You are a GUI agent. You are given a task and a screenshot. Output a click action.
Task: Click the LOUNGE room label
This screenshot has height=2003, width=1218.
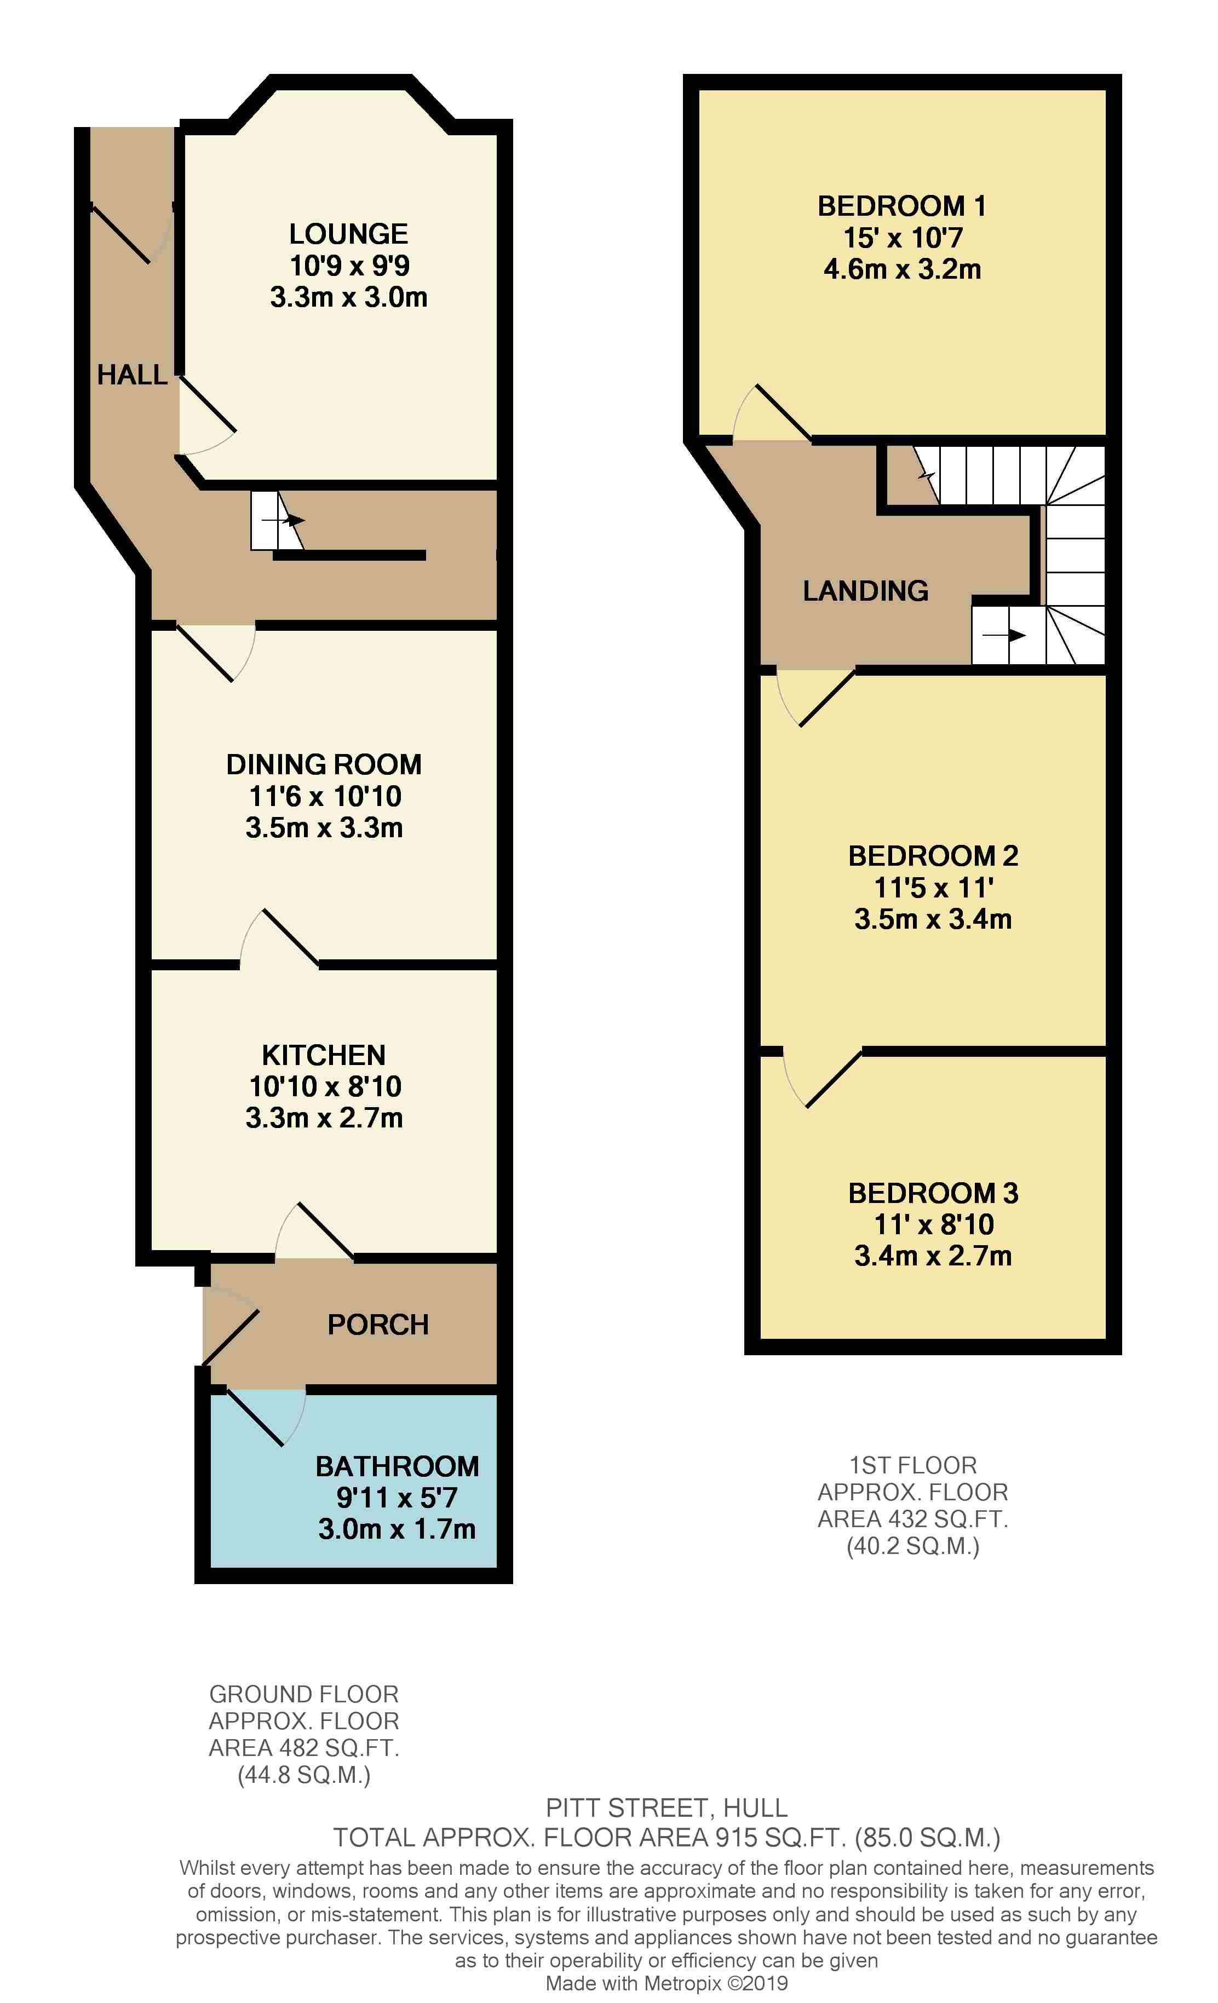pos(349,234)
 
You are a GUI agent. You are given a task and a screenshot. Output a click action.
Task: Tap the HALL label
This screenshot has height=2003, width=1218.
pos(133,375)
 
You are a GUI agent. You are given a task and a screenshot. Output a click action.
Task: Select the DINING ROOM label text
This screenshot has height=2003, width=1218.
pos(324,764)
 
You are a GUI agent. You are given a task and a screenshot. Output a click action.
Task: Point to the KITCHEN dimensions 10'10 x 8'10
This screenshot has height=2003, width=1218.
pos(324,1086)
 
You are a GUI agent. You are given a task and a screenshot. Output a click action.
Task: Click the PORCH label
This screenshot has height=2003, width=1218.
pos(378,1324)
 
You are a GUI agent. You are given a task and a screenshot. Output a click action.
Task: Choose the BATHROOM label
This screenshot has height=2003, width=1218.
pos(397,1466)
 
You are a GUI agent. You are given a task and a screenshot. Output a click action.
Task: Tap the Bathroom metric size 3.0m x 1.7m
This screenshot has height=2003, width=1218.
pos(397,1529)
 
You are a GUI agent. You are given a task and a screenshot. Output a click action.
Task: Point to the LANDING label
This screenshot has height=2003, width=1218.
pos(865,591)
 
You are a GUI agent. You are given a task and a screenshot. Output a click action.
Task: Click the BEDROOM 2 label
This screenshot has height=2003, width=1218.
pos(933,856)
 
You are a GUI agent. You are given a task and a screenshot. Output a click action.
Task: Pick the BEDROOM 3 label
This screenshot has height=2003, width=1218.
pos(933,1193)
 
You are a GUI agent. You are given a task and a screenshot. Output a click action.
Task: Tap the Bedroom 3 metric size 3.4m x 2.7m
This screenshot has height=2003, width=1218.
pos(933,1256)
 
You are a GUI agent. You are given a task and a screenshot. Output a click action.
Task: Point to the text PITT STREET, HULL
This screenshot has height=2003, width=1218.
pos(667,1808)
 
